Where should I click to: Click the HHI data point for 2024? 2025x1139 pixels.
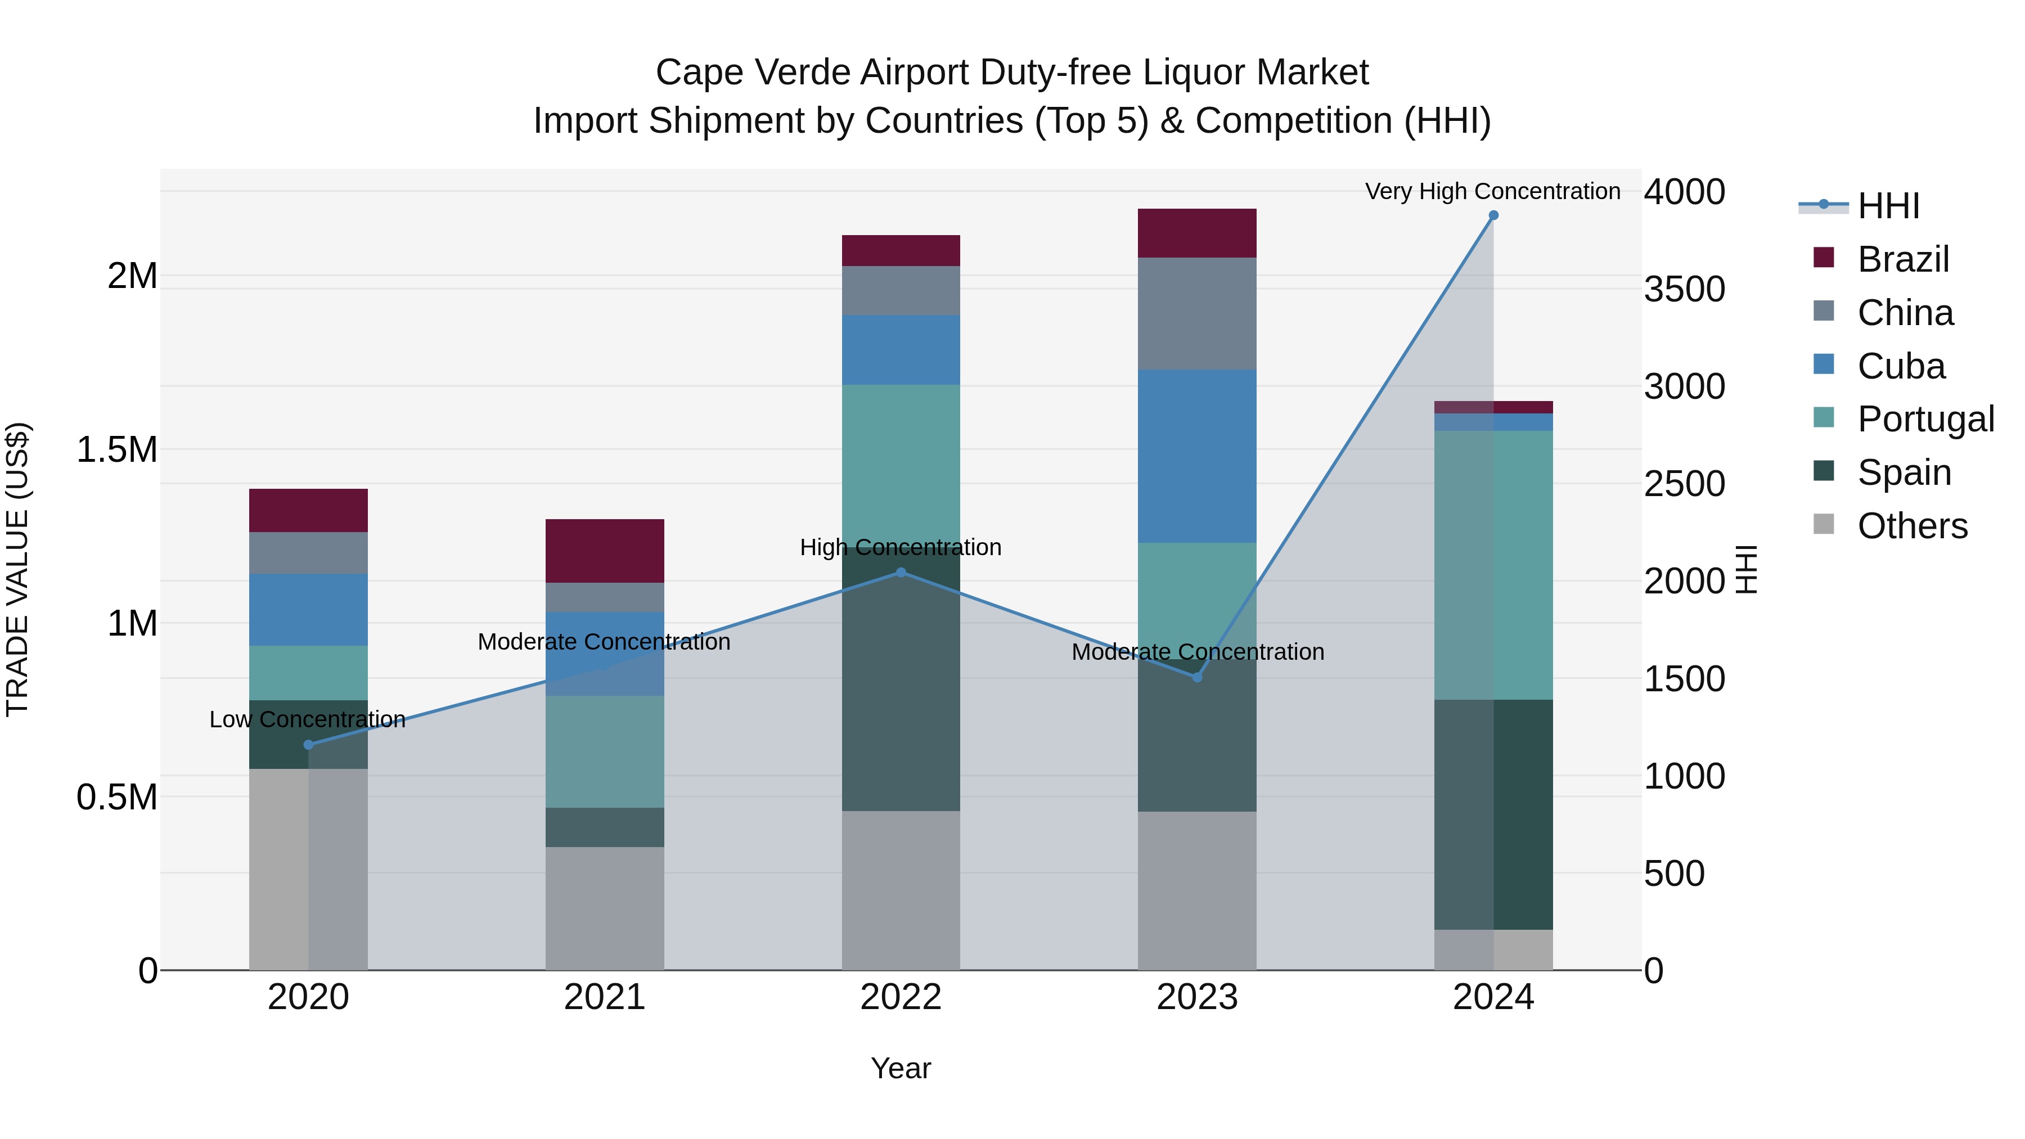(x=1493, y=215)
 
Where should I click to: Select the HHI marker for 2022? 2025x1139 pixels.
(x=901, y=572)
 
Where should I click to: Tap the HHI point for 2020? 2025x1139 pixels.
(x=308, y=744)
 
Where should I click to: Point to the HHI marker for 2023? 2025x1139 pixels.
(x=1197, y=677)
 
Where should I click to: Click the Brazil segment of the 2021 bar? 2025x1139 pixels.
(x=605, y=550)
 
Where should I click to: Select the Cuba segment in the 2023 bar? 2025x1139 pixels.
(x=1197, y=456)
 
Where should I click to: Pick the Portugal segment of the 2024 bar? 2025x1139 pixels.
(x=1493, y=564)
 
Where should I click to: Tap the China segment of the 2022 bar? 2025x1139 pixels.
(x=901, y=290)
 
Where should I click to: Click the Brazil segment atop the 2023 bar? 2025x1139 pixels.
(x=1197, y=233)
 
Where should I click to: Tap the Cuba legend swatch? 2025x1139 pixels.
(x=1824, y=364)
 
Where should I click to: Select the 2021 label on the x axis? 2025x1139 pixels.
(x=605, y=997)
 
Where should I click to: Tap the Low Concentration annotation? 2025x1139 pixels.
(x=307, y=719)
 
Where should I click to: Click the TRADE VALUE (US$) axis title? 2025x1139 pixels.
(x=17, y=569)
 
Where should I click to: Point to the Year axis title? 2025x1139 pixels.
(x=901, y=1068)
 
